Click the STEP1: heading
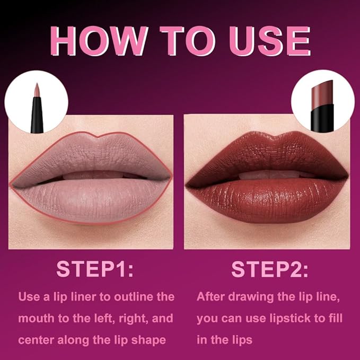95,269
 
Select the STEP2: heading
269,269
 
